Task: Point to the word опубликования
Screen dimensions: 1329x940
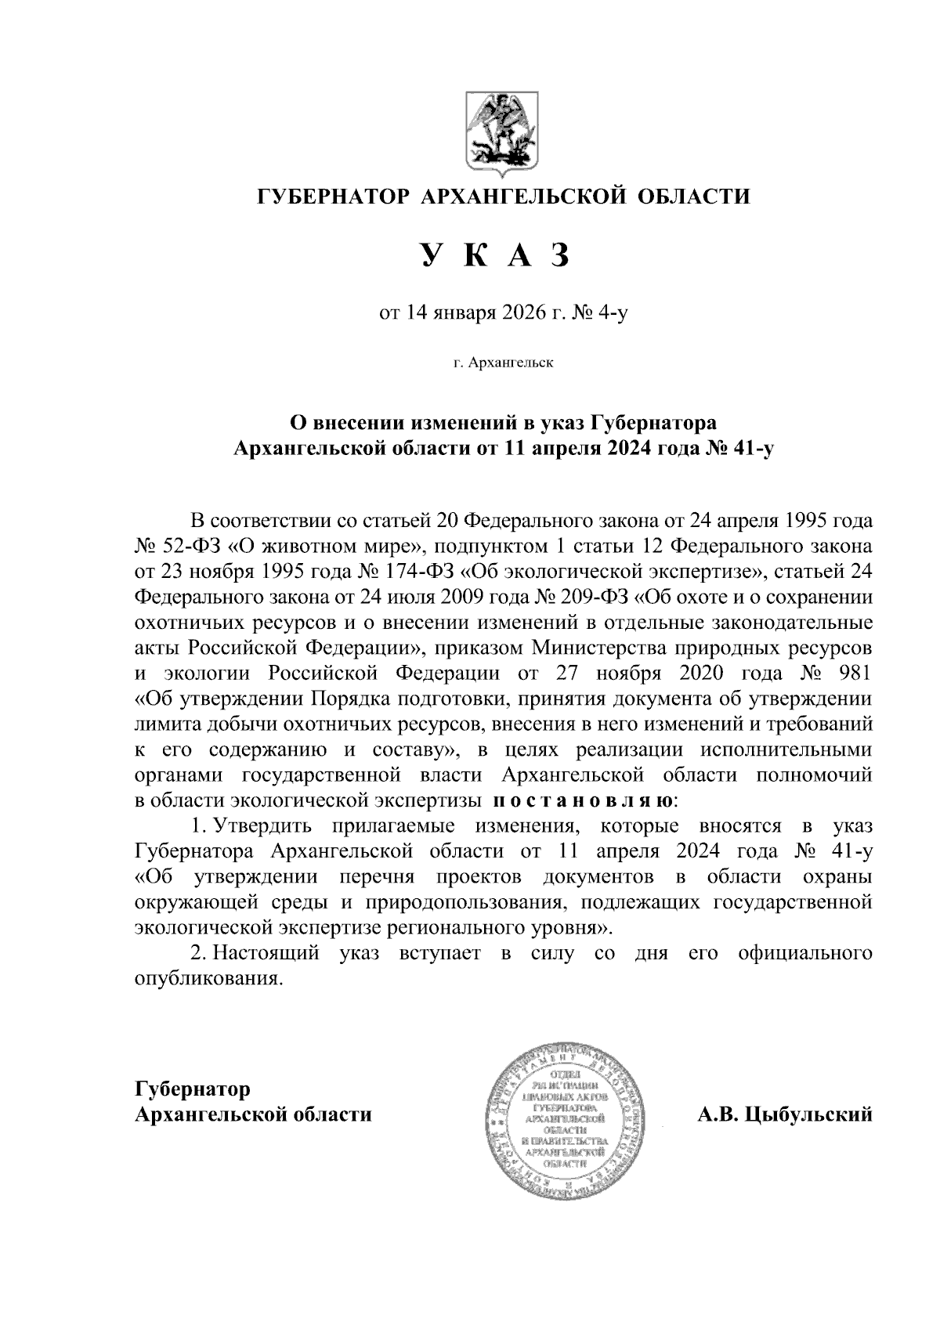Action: click(x=207, y=980)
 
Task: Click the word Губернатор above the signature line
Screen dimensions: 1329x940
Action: click(x=193, y=1089)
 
